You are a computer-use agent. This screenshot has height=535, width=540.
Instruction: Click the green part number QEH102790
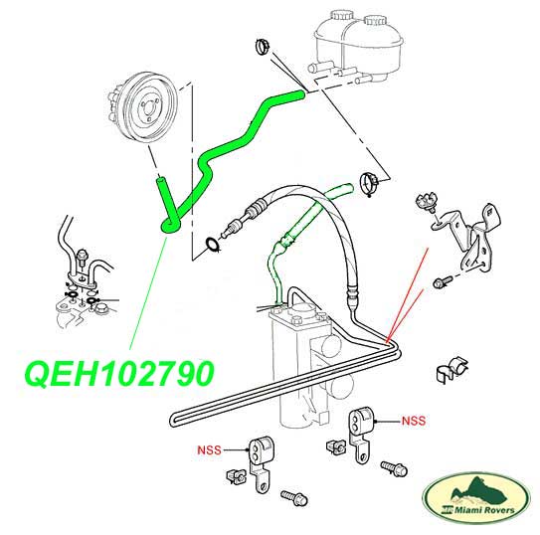pos(119,374)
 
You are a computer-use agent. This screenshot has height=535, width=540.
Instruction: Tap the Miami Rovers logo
pos(476,498)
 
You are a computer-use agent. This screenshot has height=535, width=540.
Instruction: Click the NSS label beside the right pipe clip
pos(414,421)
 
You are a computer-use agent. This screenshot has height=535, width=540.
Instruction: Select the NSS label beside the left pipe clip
pos(209,449)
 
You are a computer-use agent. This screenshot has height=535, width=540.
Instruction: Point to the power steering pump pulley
pos(143,107)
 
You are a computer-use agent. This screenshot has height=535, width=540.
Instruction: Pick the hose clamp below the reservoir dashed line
pos(369,184)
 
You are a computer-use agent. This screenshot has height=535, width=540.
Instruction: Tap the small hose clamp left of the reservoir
pos(263,47)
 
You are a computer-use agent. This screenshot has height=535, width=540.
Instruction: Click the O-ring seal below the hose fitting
pos(213,244)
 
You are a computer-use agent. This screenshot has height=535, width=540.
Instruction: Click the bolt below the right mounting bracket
pos(443,281)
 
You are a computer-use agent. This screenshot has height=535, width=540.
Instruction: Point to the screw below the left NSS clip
pos(293,497)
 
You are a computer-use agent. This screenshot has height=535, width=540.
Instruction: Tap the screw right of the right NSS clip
pos(394,468)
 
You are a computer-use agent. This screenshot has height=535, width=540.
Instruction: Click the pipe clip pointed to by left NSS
pos(261,463)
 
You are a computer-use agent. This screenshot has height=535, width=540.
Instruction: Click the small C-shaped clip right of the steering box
pos(451,370)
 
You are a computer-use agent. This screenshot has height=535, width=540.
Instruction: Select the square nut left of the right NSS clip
pos(335,446)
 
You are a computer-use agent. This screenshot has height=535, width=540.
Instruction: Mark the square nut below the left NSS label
pos(236,476)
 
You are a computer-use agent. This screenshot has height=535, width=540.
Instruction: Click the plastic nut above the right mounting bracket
pos(427,202)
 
